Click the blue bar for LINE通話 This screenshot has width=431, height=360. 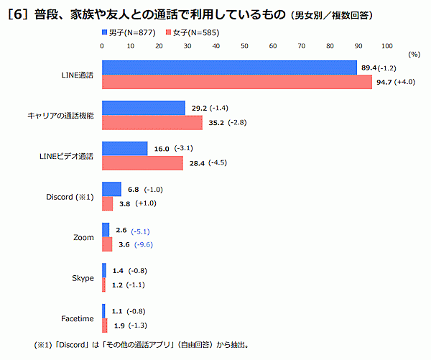point(229,68)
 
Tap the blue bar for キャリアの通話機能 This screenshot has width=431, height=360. point(144,109)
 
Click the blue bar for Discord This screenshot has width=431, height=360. point(111,190)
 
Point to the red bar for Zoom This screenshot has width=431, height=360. point(107,244)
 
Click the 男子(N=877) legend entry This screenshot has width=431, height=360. point(129,32)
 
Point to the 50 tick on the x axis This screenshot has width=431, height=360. point(244,45)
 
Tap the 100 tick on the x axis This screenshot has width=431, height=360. point(386,45)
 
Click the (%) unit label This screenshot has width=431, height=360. point(414,54)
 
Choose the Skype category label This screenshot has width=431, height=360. point(83,278)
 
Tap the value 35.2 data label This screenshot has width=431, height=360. point(215,122)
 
